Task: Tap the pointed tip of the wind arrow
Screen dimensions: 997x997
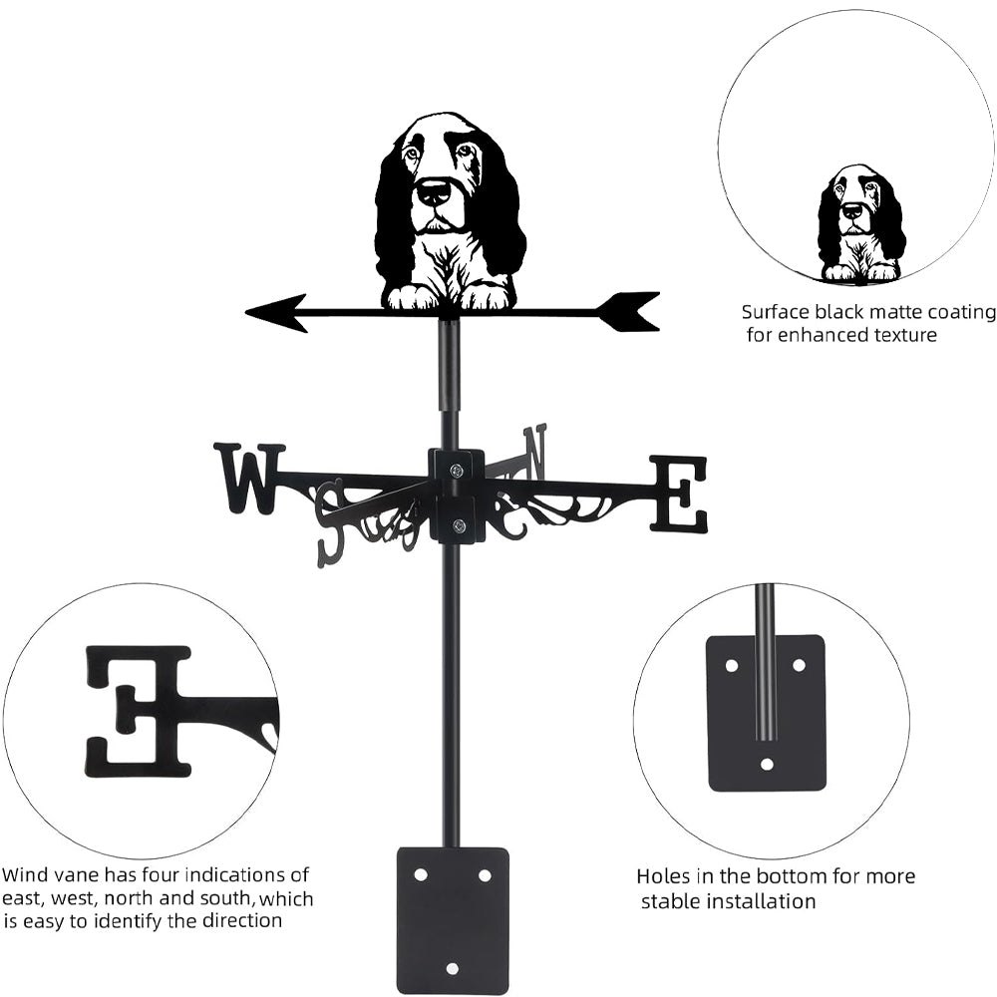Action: (x=250, y=313)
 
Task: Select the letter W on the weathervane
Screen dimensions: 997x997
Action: (x=248, y=478)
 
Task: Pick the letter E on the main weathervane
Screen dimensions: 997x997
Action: (x=679, y=494)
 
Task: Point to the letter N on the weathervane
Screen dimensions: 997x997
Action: (x=535, y=451)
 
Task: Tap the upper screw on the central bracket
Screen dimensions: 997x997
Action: (x=457, y=470)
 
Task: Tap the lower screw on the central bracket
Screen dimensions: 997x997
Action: (x=459, y=525)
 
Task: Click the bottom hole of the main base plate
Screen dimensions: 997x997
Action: (x=452, y=968)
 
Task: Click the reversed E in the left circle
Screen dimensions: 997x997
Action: (x=138, y=710)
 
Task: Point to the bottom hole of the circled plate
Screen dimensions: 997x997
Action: (x=766, y=764)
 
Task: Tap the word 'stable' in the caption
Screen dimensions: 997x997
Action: (x=670, y=902)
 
